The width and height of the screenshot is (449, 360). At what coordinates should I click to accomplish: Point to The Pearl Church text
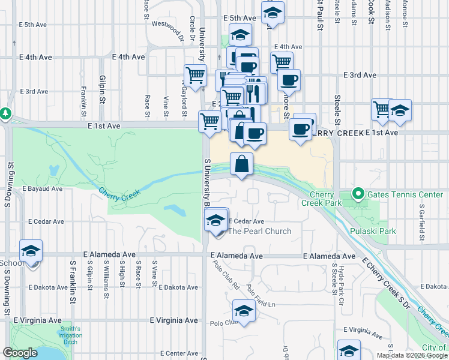260,231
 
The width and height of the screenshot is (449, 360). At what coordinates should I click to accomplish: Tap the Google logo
20,353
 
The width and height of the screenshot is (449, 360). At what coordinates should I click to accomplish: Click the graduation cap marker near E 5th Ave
273,13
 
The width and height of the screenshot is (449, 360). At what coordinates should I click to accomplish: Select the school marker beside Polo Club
243,311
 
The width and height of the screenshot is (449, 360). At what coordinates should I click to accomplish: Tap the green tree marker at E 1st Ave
5,113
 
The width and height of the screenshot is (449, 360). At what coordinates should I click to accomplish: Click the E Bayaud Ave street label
43,188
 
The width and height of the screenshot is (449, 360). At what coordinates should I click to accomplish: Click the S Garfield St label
421,217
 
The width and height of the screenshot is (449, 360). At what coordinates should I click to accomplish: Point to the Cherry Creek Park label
326,199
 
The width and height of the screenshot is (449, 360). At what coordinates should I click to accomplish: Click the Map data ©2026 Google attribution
412,355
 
